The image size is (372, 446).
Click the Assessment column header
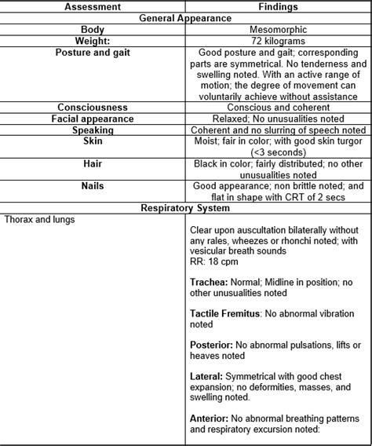[x=93, y=6]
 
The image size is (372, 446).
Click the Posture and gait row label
[x=93, y=52]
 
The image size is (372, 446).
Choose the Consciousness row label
[x=93, y=107]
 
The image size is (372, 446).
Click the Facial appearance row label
[x=93, y=119]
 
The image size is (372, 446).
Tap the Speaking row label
[x=93, y=130]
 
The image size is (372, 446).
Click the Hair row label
[x=93, y=164]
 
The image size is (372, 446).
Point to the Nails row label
[x=93, y=186]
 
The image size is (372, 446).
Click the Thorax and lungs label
[x=39, y=220]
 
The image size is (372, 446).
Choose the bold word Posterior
[x=211, y=345]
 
